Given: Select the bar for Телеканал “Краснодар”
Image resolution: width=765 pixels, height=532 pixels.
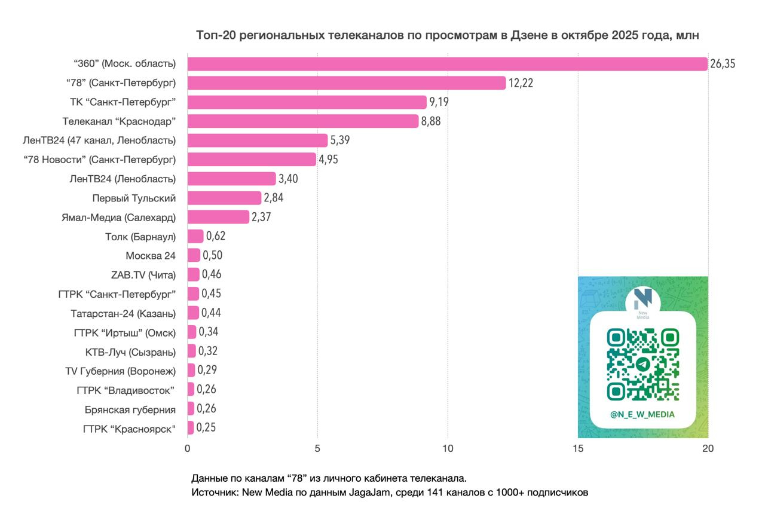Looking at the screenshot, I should point(303,121).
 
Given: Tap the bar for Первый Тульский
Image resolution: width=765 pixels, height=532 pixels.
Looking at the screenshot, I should point(224,198).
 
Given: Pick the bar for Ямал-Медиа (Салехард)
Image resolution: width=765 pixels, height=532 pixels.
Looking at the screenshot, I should point(218,217).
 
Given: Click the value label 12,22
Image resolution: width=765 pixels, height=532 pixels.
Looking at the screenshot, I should point(521,83).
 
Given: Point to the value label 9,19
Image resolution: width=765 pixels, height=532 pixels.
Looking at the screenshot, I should point(439,102).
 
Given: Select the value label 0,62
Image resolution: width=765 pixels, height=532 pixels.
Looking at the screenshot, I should point(215,236).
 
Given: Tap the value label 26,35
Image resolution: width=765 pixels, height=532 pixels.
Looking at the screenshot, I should point(723,64).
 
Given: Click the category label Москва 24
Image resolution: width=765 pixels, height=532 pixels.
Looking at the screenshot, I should point(151,255).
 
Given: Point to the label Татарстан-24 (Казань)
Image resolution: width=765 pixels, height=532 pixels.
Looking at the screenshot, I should point(123,313).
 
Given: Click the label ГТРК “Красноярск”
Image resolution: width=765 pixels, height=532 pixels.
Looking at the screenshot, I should point(130,428).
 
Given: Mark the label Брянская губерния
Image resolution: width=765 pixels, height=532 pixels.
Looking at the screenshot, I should point(130,409).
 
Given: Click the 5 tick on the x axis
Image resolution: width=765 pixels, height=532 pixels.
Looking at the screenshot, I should point(317,448).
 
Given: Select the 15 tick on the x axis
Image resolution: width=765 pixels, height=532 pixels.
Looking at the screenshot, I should point(578,448).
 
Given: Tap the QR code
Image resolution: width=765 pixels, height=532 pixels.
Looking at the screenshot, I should point(643,365).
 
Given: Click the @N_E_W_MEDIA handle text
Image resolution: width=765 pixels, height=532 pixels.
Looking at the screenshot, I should point(642,414).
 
